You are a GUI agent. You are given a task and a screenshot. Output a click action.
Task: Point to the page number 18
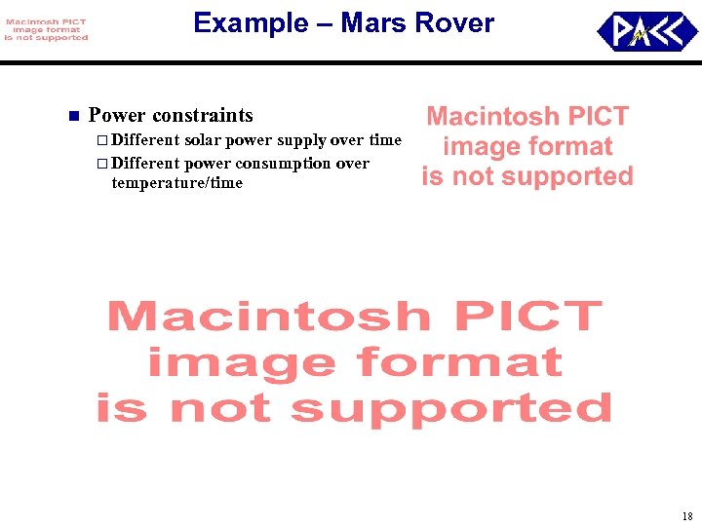(687, 516)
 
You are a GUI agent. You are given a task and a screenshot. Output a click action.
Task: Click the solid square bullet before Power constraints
(72, 117)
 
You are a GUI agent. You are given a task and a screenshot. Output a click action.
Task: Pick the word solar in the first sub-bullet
(203, 141)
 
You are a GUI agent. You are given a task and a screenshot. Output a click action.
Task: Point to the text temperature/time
(176, 183)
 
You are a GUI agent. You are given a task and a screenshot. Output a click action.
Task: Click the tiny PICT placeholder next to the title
(45, 30)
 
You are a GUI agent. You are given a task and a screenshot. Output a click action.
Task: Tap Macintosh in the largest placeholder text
(268, 318)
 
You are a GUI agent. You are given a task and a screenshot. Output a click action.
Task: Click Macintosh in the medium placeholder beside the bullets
(491, 117)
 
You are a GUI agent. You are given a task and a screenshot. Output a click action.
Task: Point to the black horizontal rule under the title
(351, 62)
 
